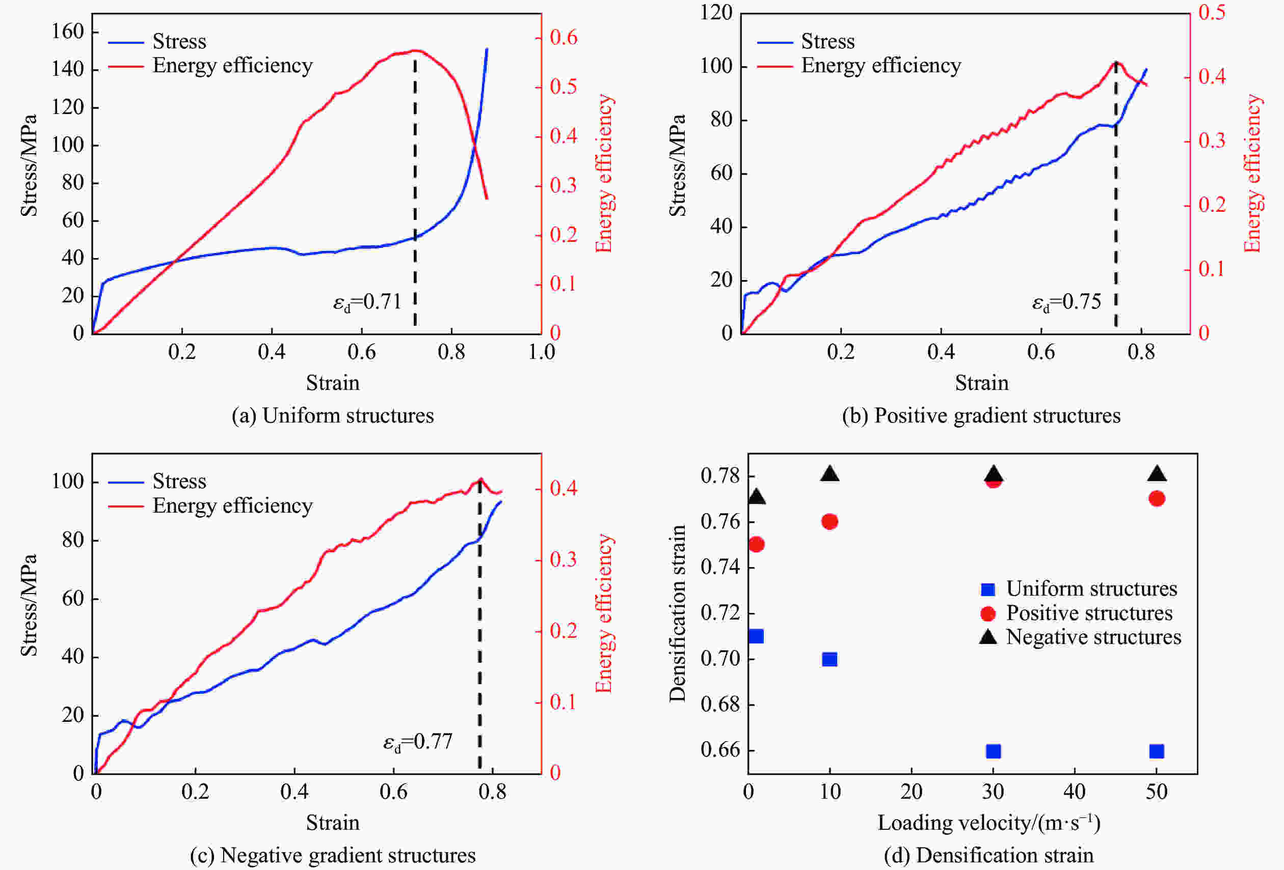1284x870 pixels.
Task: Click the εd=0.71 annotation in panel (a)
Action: (367, 302)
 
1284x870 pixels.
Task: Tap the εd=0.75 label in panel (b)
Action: (1066, 302)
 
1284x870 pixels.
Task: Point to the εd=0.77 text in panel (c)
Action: (418, 741)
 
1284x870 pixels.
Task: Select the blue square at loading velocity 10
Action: (830, 659)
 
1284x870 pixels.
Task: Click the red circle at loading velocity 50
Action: (1157, 498)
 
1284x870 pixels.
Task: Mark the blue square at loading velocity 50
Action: (1157, 751)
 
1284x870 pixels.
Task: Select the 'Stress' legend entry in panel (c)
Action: (179, 482)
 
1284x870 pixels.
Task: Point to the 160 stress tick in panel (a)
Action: (67, 32)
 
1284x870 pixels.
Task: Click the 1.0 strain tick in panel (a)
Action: (541, 352)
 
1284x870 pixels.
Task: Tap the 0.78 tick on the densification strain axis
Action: (719, 475)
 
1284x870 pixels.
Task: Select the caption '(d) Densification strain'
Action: (988, 855)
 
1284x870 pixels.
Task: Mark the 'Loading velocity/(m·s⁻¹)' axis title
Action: (989, 823)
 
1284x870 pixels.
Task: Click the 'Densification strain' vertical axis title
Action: (677, 613)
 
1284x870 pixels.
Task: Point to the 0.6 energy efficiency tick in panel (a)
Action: (564, 38)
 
